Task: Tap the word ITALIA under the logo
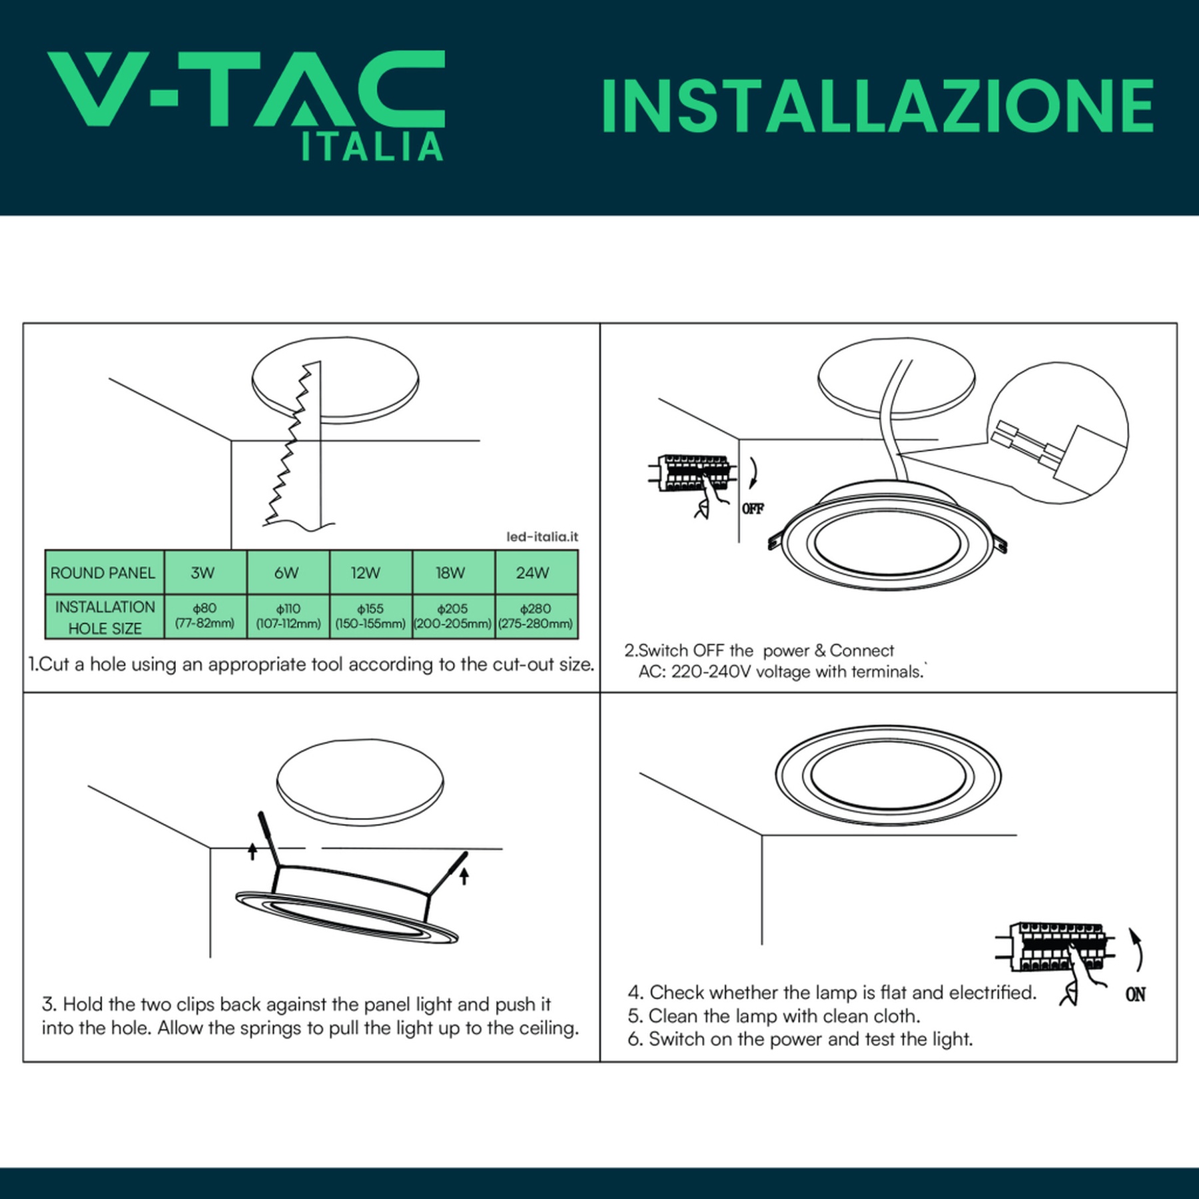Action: [x=372, y=147]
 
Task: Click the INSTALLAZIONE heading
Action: [x=877, y=106]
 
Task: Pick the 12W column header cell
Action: [x=370, y=572]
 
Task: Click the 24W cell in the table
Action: [x=536, y=572]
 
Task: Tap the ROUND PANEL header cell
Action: [x=105, y=572]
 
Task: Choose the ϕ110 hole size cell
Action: [x=288, y=616]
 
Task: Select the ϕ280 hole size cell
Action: [x=536, y=616]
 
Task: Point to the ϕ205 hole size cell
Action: [x=453, y=616]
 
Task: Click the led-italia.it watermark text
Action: [x=542, y=537]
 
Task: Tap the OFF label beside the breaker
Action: [x=753, y=509]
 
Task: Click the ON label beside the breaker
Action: [x=1136, y=995]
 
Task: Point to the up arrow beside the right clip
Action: [x=464, y=876]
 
